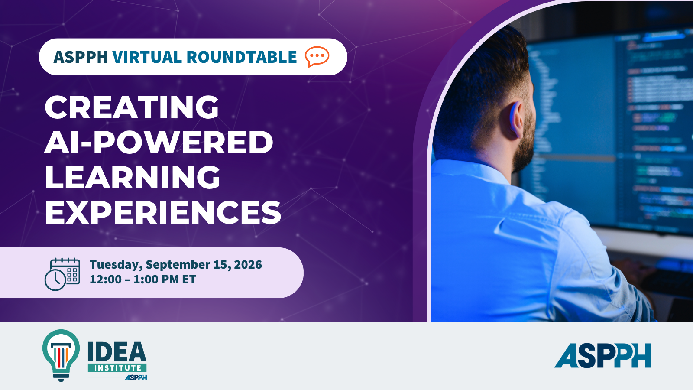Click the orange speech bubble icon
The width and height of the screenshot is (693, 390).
click(x=317, y=57)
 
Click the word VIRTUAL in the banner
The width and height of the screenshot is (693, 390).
click(x=147, y=57)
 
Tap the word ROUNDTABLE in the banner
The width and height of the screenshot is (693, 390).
click(x=242, y=57)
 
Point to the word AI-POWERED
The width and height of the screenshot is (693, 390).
click(x=159, y=142)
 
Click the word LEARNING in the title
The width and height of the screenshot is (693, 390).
click(x=133, y=177)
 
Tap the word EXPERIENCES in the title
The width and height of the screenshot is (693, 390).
click(x=163, y=212)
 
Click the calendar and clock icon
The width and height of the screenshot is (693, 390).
click(x=62, y=274)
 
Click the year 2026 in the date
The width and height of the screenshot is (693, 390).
click(x=248, y=265)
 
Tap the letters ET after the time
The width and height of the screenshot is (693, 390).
click(x=189, y=279)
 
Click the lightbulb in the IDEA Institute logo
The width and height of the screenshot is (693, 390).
click(x=61, y=355)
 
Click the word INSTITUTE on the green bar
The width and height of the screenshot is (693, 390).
click(x=117, y=368)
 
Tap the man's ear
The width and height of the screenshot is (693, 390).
click(x=515, y=120)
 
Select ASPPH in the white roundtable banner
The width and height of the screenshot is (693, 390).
click(x=81, y=57)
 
